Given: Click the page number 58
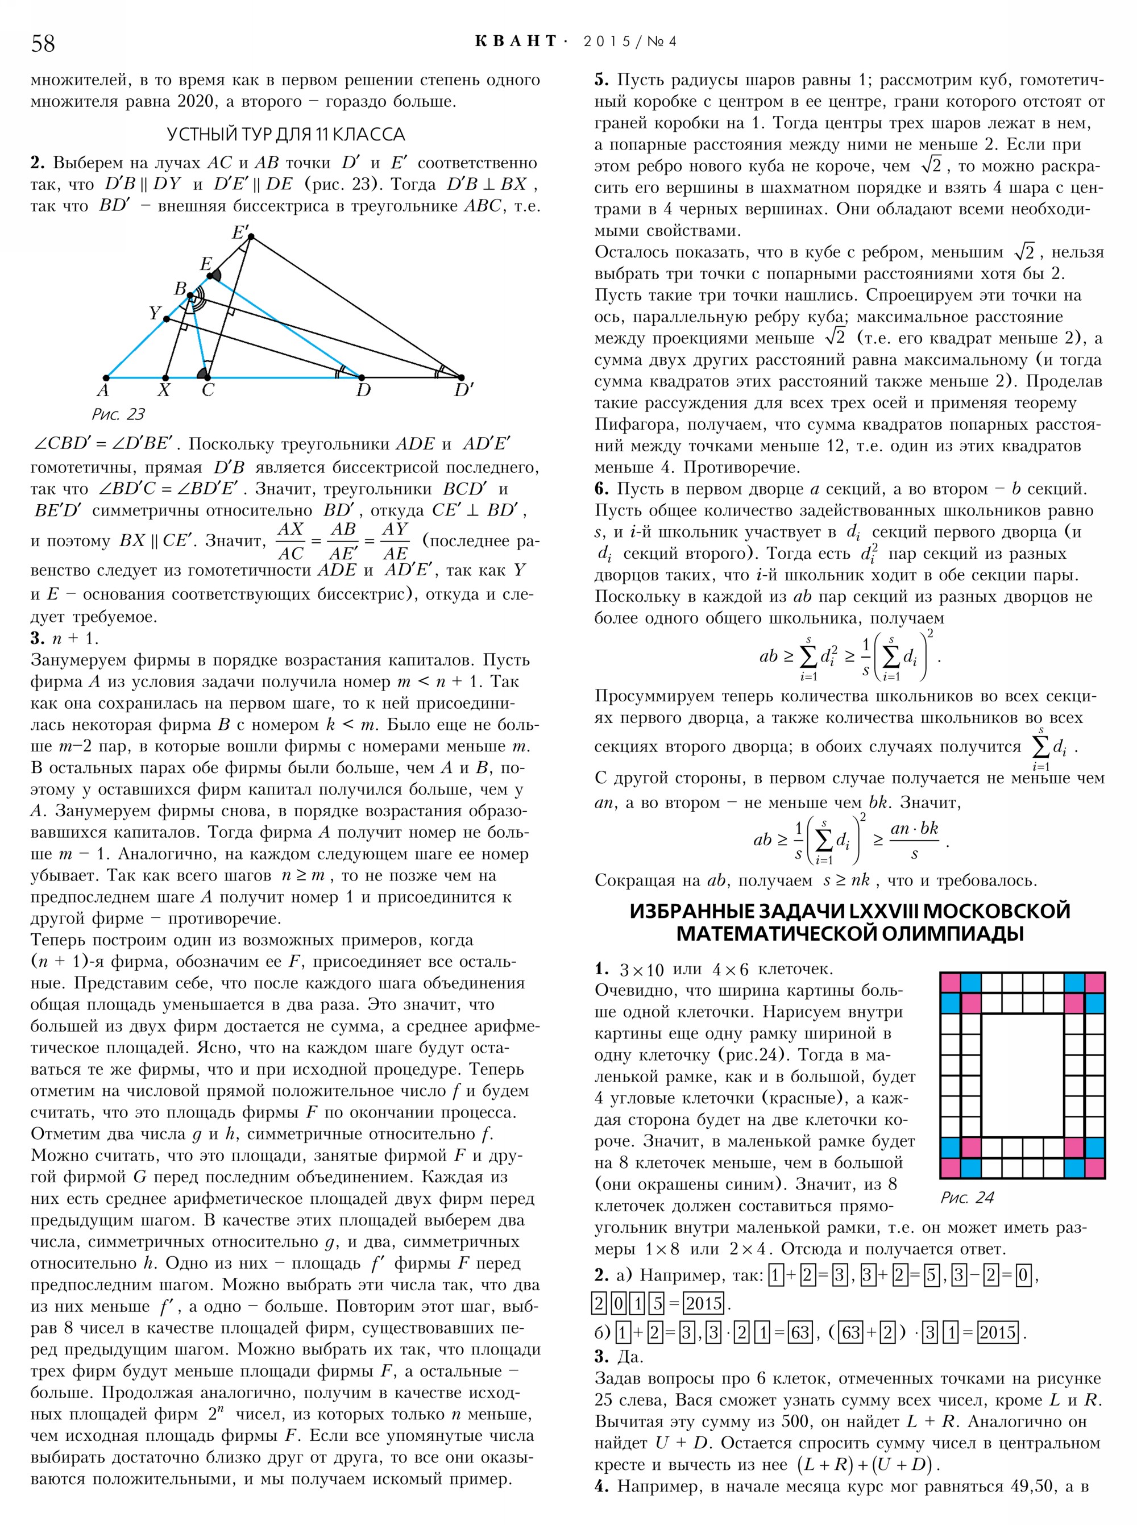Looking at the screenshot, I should pyautogui.click(x=43, y=43).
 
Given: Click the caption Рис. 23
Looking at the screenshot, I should pyautogui.click(x=118, y=414).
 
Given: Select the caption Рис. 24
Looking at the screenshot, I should pyautogui.click(x=967, y=1198).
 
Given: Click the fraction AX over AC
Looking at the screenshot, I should pyautogui.click(x=290, y=542).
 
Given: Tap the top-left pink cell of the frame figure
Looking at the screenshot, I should pyautogui.click(x=951, y=982).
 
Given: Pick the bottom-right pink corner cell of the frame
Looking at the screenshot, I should pyautogui.click(x=1095, y=1169).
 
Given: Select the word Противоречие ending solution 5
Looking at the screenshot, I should pyautogui.click(x=742, y=468).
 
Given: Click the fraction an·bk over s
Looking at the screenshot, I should pyautogui.click(x=915, y=840).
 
